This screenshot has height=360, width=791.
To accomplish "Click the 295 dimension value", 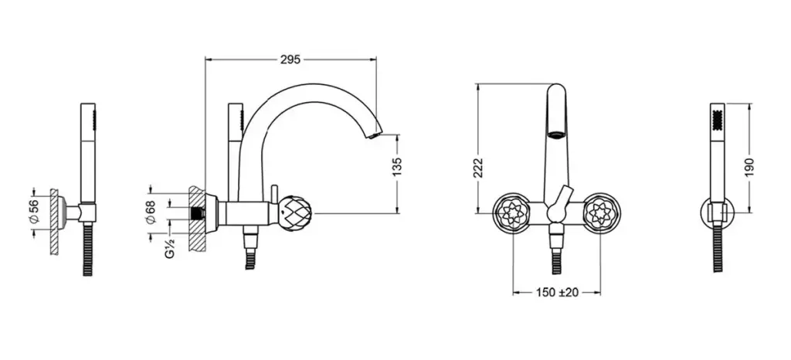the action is pyautogui.click(x=290, y=59).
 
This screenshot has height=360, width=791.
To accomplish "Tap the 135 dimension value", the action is pyautogui.click(x=397, y=168).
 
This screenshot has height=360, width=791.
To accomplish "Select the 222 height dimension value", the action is pyautogui.click(x=479, y=168).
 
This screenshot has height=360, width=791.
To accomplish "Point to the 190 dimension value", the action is pyautogui.click(x=749, y=168).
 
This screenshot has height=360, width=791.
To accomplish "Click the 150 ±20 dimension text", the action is pyautogui.click(x=557, y=293).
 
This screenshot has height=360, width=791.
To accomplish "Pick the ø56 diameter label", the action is pyautogui.click(x=33, y=212).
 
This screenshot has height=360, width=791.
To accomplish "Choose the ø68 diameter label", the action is pyautogui.click(x=150, y=212).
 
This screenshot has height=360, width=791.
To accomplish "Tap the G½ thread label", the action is pyautogui.click(x=170, y=248).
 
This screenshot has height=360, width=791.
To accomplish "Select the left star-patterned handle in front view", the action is pyautogui.click(x=511, y=213).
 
